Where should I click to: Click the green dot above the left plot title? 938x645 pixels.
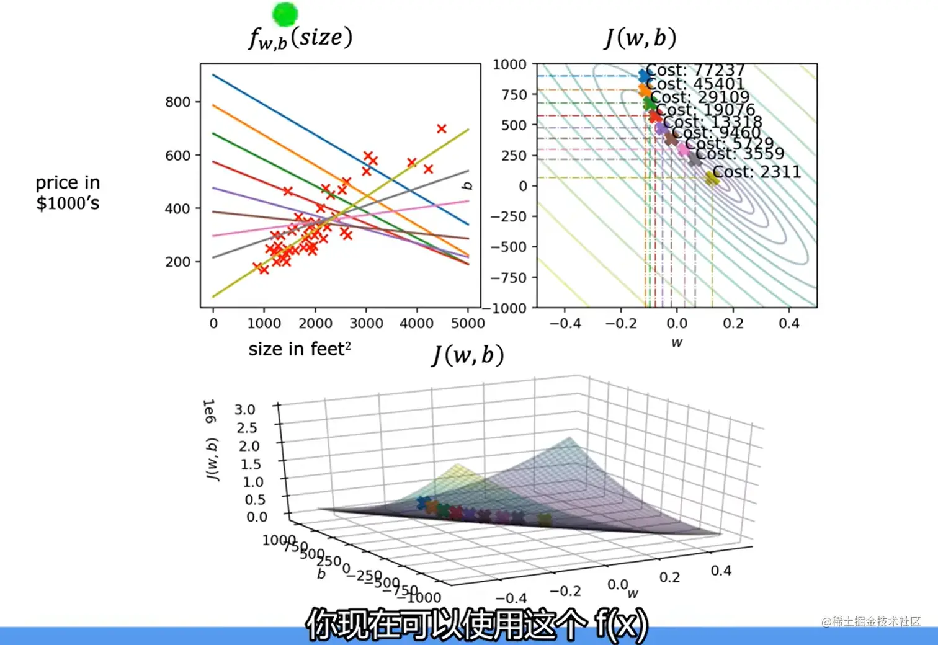click(285, 14)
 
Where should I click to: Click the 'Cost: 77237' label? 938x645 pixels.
click(695, 70)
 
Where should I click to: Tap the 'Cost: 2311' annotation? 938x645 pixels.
click(757, 172)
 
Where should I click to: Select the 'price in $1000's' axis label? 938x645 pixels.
click(68, 193)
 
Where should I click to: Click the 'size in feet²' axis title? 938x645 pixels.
click(300, 349)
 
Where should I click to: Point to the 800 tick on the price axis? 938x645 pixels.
click(177, 102)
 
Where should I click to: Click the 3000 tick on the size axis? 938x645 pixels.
click(366, 323)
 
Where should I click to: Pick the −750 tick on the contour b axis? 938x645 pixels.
click(509, 278)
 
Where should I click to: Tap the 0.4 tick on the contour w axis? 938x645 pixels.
click(789, 323)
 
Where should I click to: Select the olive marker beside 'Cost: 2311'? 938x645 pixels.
click(712, 178)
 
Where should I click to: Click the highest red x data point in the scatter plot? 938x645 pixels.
click(441, 129)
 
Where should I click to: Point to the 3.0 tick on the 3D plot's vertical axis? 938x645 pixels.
click(245, 409)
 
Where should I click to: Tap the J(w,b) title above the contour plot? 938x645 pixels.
click(641, 37)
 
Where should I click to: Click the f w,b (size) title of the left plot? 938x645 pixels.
click(301, 37)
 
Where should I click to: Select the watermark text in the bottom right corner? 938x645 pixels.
click(871, 621)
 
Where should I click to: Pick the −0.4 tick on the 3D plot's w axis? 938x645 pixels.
click(511, 598)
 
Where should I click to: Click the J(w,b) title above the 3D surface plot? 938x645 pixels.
click(468, 355)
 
